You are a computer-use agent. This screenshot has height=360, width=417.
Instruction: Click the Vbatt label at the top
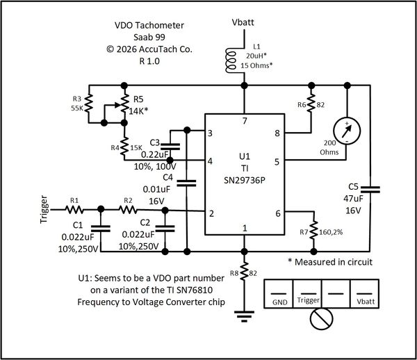click(243, 22)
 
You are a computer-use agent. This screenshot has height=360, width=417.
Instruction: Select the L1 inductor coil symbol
click(231, 60)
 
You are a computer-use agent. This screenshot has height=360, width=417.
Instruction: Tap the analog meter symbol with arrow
click(347, 131)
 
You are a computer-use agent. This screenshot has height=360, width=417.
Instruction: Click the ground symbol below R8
click(244, 316)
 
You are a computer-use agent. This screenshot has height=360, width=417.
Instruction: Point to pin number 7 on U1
click(245, 121)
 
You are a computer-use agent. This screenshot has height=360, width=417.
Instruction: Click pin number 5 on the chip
click(277, 162)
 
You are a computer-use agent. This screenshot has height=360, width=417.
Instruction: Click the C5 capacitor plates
click(370, 189)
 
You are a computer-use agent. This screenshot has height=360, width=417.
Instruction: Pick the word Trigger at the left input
click(44, 209)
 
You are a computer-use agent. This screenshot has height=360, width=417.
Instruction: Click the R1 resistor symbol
click(74, 210)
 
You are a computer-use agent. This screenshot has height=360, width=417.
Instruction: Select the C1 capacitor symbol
click(101, 229)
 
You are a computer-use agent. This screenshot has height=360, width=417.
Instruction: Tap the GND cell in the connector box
click(279, 294)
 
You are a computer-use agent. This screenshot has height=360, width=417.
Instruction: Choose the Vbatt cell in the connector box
click(365, 294)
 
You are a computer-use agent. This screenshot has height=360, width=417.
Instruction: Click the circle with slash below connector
click(322, 319)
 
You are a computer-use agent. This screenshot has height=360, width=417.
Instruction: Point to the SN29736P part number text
click(245, 181)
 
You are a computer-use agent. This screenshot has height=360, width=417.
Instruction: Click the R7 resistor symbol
click(314, 230)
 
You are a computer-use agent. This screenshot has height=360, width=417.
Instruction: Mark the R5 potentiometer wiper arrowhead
click(117, 105)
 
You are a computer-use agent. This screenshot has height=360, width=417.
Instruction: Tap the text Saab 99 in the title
click(149, 38)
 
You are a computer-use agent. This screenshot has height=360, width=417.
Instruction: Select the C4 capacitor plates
click(187, 183)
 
